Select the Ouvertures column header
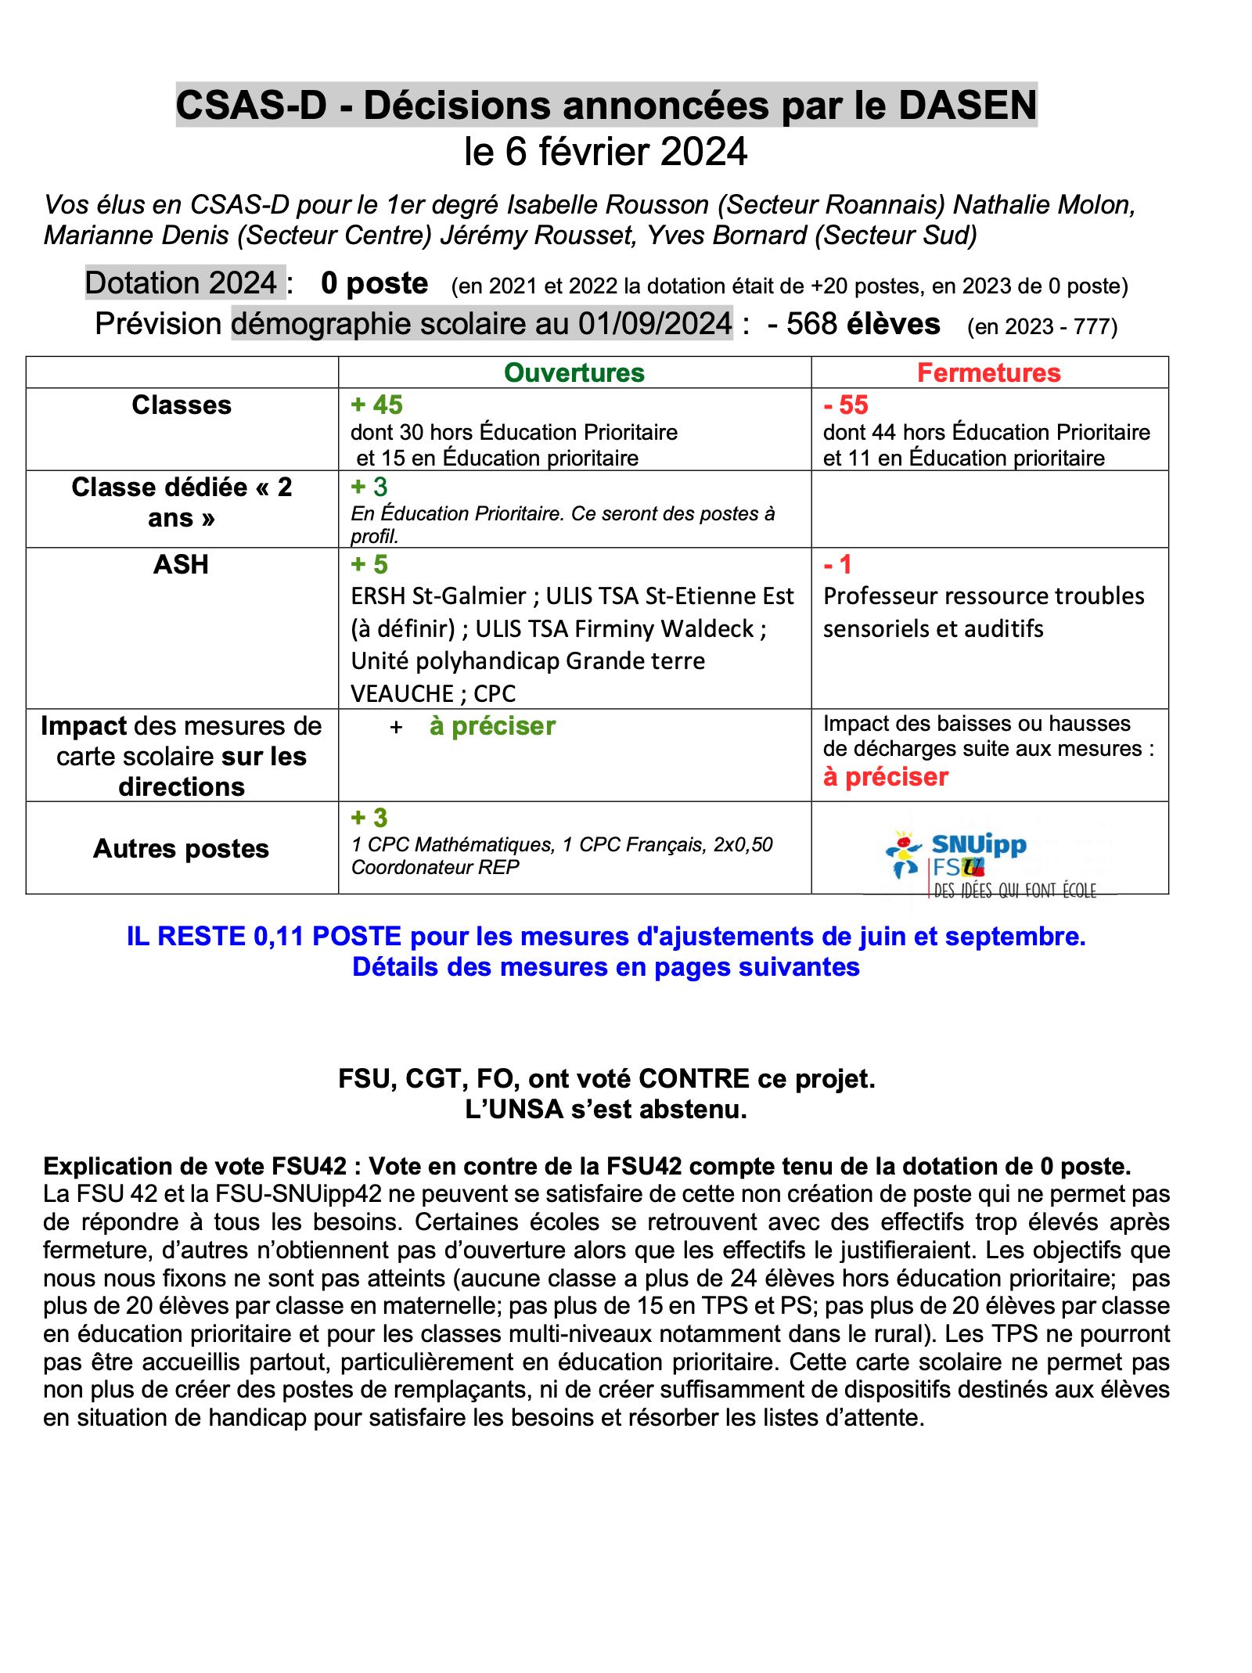pos(574,372)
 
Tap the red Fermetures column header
pos(988,372)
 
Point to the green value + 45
pos(376,405)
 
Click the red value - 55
pos(846,405)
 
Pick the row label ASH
pos(181,564)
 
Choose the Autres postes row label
pos(181,848)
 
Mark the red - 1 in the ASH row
pos(837,564)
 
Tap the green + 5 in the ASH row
pos(369,564)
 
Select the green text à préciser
pos(492,726)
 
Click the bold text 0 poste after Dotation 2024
pos(374,283)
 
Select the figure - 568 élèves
pos(854,323)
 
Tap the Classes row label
pos(181,405)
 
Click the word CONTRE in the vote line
pos(694,1078)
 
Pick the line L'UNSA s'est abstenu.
pos(606,1109)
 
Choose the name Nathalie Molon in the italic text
pos(1043,204)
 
